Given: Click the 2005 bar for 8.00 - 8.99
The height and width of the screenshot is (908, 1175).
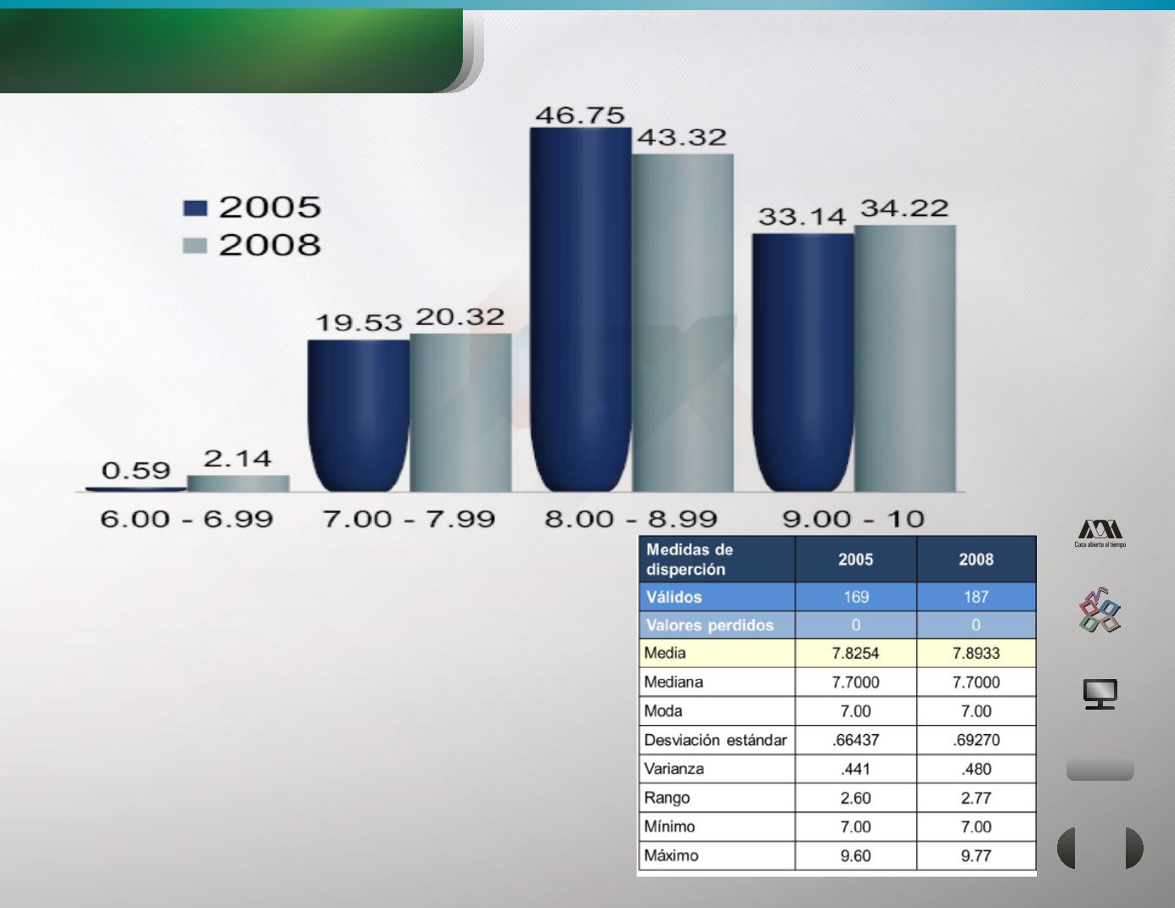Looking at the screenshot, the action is pos(581,309).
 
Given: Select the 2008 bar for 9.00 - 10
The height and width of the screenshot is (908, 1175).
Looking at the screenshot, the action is pos(905,359).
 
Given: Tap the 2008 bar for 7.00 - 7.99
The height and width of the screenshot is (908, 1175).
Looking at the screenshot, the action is pos(460,413).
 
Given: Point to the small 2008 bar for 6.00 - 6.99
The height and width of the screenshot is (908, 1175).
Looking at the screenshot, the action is pos(238,483).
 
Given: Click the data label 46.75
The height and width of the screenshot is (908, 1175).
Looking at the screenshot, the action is pos(580,115).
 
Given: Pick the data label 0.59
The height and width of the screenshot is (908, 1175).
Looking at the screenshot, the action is pos(136,471).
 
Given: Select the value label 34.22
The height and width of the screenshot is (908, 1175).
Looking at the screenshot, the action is pos(904,209).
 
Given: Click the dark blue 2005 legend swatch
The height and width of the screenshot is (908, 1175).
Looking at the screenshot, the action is pos(195,209).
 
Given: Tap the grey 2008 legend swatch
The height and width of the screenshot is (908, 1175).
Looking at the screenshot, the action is pos(195,246).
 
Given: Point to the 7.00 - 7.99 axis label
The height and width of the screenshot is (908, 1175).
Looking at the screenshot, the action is pos(409,519).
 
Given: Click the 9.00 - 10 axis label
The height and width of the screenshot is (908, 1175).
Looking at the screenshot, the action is pos(853,519).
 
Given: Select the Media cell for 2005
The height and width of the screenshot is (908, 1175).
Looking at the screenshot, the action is pos(855,654).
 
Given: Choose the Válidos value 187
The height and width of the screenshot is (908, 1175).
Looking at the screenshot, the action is pos(976,597).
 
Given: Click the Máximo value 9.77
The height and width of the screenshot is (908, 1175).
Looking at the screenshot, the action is pos(976,855).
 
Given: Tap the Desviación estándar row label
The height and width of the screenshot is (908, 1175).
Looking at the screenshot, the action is pos(716,740).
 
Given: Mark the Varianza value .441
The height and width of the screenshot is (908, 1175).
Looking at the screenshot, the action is pos(855,769).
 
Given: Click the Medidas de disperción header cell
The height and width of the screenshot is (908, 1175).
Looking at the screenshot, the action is pos(717,560).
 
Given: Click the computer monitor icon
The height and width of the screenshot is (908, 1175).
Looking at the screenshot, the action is pos(1100,694).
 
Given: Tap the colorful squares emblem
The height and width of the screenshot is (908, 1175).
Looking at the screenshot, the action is pos(1100,610).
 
